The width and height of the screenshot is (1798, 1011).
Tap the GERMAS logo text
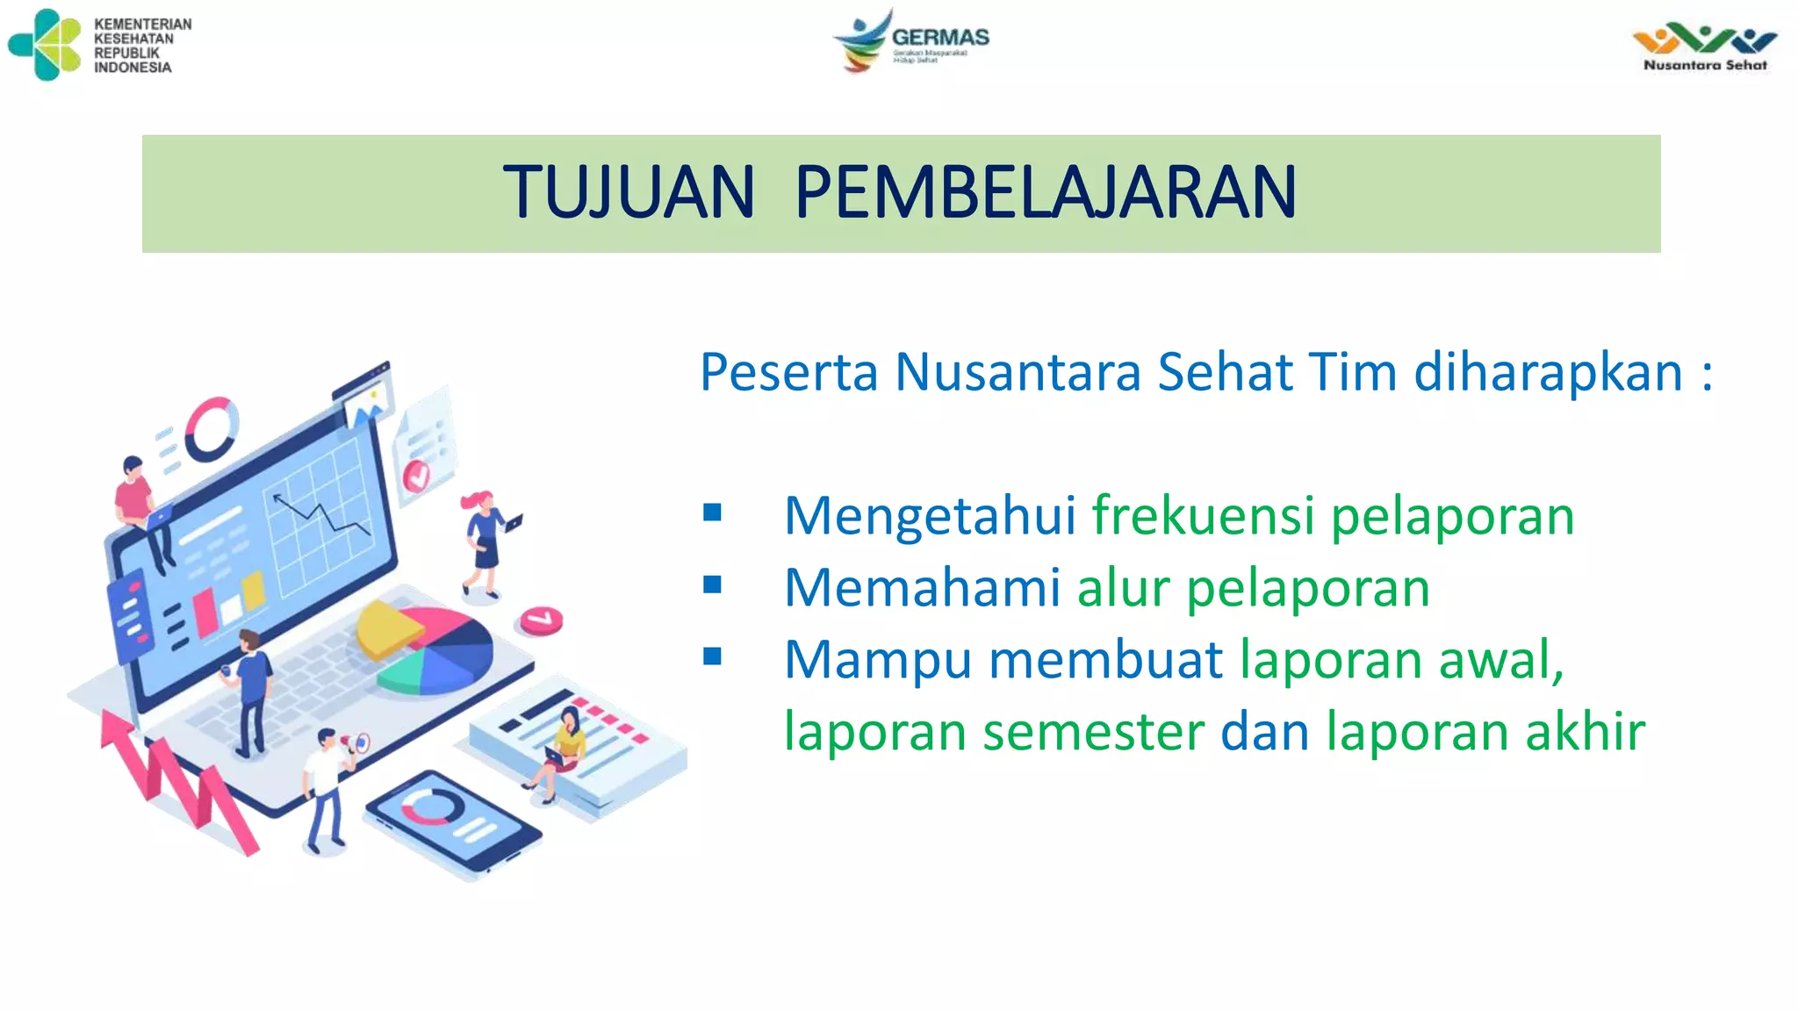(939, 38)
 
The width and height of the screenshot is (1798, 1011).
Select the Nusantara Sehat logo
(1704, 48)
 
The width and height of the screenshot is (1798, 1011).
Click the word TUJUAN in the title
(629, 192)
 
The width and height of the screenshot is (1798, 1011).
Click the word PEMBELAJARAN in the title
(1045, 192)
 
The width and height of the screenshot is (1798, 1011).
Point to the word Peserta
(788, 372)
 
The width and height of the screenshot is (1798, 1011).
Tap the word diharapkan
(1548, 372)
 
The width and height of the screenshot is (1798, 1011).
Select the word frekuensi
(1203, 515)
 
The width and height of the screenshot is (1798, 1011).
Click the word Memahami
(922, 587)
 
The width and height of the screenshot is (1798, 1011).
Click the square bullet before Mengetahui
(712, 513)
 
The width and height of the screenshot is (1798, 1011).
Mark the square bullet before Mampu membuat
(712, 656)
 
